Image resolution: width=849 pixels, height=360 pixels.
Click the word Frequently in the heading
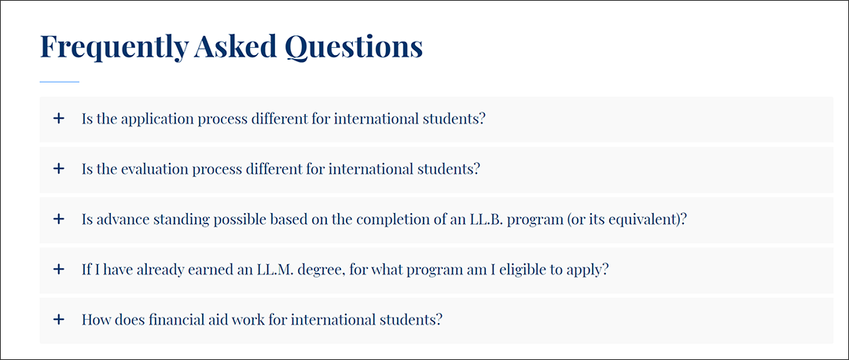point(114,48)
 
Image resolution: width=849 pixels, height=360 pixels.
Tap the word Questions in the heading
point(354,48)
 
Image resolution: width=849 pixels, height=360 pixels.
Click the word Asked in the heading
point(236,46)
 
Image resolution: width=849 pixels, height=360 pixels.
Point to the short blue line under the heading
point(60,82)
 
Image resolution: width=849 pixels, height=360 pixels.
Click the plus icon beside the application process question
point(58,119)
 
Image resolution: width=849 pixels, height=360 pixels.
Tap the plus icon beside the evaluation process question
point(58,169)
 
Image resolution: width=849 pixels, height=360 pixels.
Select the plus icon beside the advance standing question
point(58,219)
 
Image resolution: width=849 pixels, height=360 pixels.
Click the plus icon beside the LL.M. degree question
point(58,269)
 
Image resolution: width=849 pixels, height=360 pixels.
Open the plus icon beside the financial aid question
point(58,319)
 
